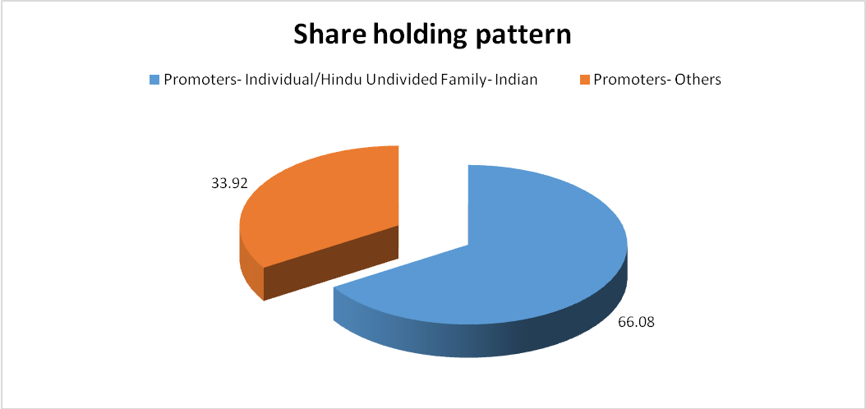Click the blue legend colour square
[154, 80]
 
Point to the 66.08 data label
[636, 322]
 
